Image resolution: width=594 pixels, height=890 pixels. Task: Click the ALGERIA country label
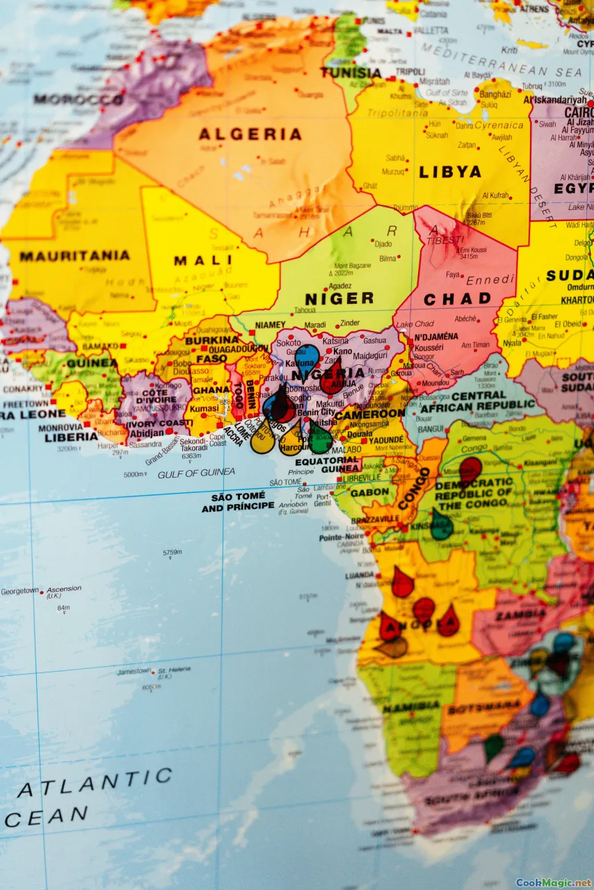click(x=250, y=134)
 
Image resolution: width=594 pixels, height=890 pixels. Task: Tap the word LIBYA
click(x=450, y=172)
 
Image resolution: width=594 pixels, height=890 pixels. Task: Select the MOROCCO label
click(x=78, y=99)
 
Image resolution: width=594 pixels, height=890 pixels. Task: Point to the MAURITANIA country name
click(x=74, y=256)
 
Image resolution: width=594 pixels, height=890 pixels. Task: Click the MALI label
click(x=193, y=261)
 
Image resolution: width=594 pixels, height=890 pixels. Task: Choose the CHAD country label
click(x=457, y=299)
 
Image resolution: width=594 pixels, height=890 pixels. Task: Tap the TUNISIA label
click(x=351, y=72)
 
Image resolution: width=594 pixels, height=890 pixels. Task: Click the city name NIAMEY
click(x=271, y=325)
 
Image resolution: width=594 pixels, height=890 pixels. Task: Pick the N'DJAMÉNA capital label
click(x=436, y=337)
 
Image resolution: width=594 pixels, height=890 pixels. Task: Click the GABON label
click(x=370, y=492)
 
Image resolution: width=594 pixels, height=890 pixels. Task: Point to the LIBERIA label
click(x=72, y=437)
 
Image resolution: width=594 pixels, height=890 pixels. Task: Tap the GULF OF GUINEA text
click(x=196, y=474)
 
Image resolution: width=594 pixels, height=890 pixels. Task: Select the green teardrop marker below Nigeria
click(x=321, y=438)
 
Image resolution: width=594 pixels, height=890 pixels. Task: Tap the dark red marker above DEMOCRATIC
click(x=470, y=468)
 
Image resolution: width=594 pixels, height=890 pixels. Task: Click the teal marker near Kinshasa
click(x=441, y=525)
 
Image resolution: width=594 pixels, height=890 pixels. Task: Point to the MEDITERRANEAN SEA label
click(x=501, y=60)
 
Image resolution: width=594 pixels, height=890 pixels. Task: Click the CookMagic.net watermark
click(x=553, y=883)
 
